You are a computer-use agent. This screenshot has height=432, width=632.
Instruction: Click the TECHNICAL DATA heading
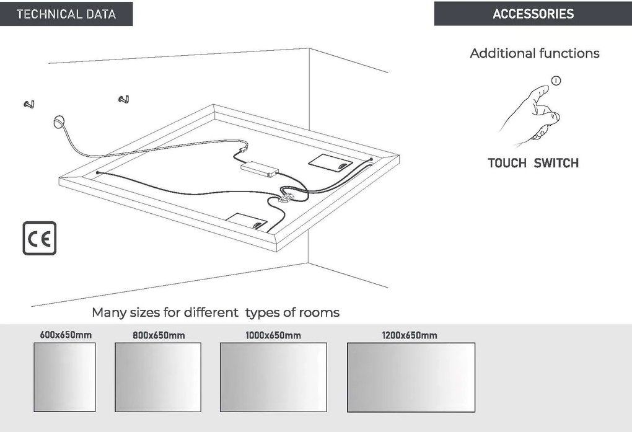pyautogui.click(x=66, y=14)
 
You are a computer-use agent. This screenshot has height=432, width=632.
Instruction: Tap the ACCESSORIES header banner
pyautogui.click(x=533, y=14)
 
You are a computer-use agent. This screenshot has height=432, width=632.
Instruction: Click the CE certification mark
pyautogui.click(x=40, y=239)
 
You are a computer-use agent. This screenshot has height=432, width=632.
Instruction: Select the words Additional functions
pyautogui.click(x=535, y=53)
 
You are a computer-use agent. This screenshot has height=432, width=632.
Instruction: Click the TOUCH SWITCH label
pyautogui.click(x=533, y=163)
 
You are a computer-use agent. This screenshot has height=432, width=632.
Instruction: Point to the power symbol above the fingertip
pyautogui.click(x=556, y=81)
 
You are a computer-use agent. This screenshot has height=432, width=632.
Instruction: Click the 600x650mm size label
pyautogui.click(x=66, y=335)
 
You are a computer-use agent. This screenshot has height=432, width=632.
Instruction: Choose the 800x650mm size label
pyautogui.click(x=159, y=335)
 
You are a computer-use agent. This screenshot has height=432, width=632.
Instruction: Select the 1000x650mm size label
pyautogui.click(x=273, y=335)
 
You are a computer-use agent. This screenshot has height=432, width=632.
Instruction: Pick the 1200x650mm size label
pyautogui.click(x=410, y=335)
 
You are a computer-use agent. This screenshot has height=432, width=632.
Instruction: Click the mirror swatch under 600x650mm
pyautogui.click(x=64, y=377)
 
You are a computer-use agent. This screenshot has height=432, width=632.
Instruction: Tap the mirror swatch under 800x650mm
pyautogui.click(x=158, y=377)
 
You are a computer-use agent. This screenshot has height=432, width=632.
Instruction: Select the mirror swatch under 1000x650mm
pyautogui.click(x=273, y=377)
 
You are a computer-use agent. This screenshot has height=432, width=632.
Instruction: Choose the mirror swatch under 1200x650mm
pyautogui.click(x=411, y=377)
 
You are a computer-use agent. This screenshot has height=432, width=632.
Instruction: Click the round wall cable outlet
pyautogui.click(x=58, y=121)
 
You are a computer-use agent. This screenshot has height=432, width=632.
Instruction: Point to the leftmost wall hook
pyautogui.click(x=29, y=104)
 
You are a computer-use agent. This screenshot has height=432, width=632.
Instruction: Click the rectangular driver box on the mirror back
pyautogui.click(x=260, y=169)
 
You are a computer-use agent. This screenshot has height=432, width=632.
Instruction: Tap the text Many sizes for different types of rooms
pyautogui.click(x=216, y=312)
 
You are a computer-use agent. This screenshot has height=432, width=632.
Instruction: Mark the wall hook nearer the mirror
pyautogui.click(x=124, y=99)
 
